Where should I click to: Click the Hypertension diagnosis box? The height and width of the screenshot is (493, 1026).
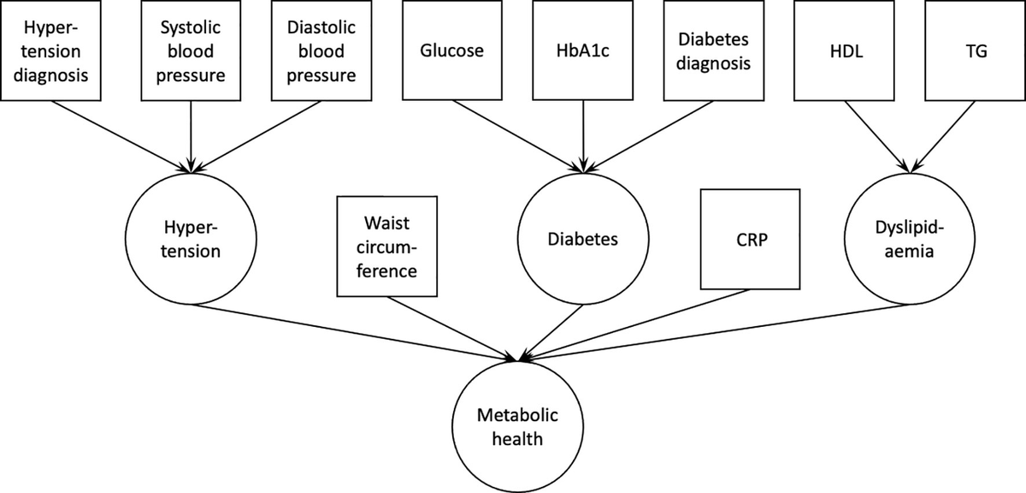[x=55, y=50]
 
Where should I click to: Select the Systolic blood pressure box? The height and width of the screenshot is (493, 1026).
[x=190, y=50]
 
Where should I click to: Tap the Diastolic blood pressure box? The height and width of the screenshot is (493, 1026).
[x=321, y=50]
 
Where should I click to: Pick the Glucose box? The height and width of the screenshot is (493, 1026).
[x=451, y=50]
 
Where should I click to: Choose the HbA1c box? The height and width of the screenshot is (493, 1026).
[x=582, y=50]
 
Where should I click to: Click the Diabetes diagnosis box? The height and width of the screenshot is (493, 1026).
[x=714, y=50]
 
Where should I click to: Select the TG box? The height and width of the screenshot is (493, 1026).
[x=976, y=50]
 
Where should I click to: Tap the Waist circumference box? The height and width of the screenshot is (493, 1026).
[x=387, y=246]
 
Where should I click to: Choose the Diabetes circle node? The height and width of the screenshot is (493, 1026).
[x=582, y=240]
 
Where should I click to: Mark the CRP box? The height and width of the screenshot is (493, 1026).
[x=750, y=240]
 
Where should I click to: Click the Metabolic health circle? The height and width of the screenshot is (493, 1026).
[x=518, y=427]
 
